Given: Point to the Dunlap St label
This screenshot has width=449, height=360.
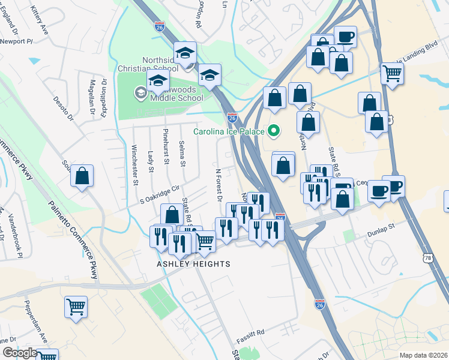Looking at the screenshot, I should [379, 227].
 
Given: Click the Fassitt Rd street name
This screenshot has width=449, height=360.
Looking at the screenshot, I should [250, 331].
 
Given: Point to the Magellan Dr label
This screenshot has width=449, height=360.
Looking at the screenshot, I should [92, 97].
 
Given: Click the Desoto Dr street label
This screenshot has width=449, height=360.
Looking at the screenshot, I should [63, 108].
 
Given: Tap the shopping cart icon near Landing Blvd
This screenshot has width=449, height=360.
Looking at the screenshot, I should [392, 73].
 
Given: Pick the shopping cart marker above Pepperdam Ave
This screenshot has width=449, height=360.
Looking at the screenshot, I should [76, 307].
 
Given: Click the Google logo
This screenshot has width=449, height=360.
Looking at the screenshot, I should [19, 353].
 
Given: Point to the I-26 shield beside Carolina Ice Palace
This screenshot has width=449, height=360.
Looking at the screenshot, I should [232, 118].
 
